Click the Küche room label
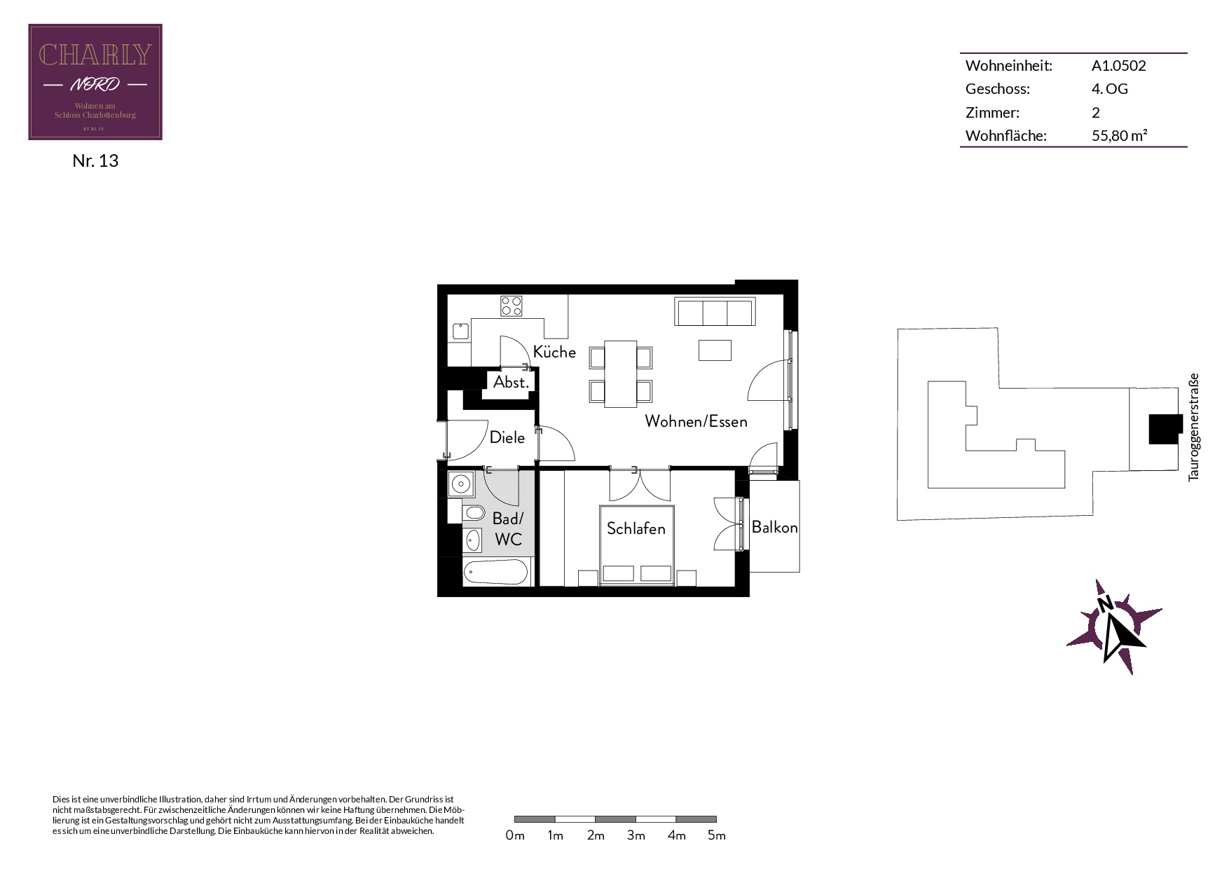click(x=554, y=352)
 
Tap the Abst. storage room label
click(x=511, y=383)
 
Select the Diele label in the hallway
click(x=507, y=437)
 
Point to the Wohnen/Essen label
click(x=696, y=421)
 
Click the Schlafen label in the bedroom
click(x=636, y=528)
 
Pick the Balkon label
click(x=774, y=527)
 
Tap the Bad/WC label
click(x=508, y=529)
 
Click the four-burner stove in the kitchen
click(x=511, y=306)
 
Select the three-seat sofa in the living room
click(x=715, y=312)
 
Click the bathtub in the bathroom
click(x=495, y=572)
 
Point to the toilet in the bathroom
click(x=473, y=513)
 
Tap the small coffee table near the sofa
click(x=715, y=350)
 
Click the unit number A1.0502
click(x=1119, y=66)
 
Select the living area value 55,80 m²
click(x=1120, y=135)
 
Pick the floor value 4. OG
click(x=1110, y=89)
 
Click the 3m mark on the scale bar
click(x=636, y=835)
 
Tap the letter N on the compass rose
click(x=1105, y=603)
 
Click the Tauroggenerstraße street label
click(x=1194, y=427)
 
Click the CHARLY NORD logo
click(x=95, y=82)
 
